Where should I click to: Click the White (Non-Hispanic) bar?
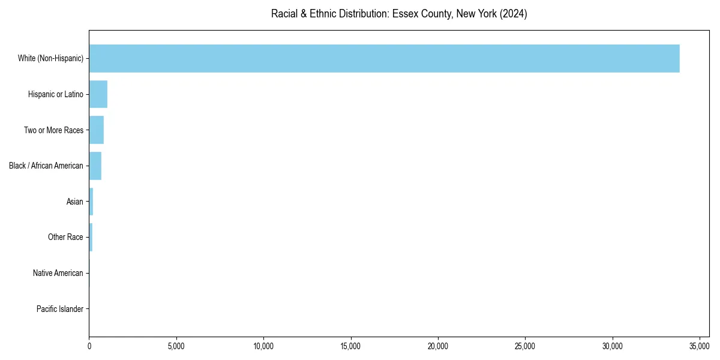tap(384, 58)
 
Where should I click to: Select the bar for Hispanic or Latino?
tap(98, 94)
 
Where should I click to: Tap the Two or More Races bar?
tap(97, 130)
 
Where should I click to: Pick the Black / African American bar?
tap(95, 166)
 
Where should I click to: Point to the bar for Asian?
tap(91, 202)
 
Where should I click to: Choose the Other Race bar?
tap(91, 237)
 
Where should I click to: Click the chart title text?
tap(399, 14)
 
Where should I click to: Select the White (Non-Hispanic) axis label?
tap(50, 58)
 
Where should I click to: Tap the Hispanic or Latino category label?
tap(56, 94)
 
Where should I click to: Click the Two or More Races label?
tap(53, 130)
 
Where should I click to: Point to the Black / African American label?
tap(46, 166)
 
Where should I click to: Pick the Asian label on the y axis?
tap(75, 202)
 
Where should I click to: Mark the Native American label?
tap(58, 273)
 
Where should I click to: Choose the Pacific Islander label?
tap(60, 309)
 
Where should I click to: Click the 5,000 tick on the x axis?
tap(176, 346)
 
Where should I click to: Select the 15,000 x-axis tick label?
tap(350, 346)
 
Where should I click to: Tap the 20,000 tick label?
tap(438, 346)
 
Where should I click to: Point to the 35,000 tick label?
tap(700, 346)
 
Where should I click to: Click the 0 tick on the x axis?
tap(89, 346)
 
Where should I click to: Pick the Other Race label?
tap(65, 237)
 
